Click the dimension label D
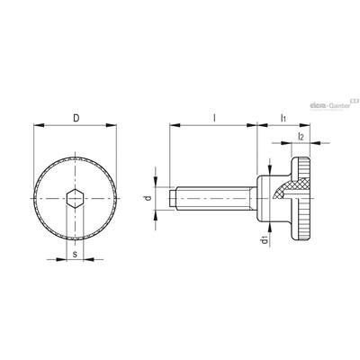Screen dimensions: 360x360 point(76,118)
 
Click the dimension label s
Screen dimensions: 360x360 point(76,255)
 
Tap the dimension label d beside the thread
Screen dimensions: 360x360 point(148,198)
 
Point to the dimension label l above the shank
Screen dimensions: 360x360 point(214,118)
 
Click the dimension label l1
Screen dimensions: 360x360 point(283,118)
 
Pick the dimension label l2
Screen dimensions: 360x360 point(301,137)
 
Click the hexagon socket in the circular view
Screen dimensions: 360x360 point(75,198)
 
